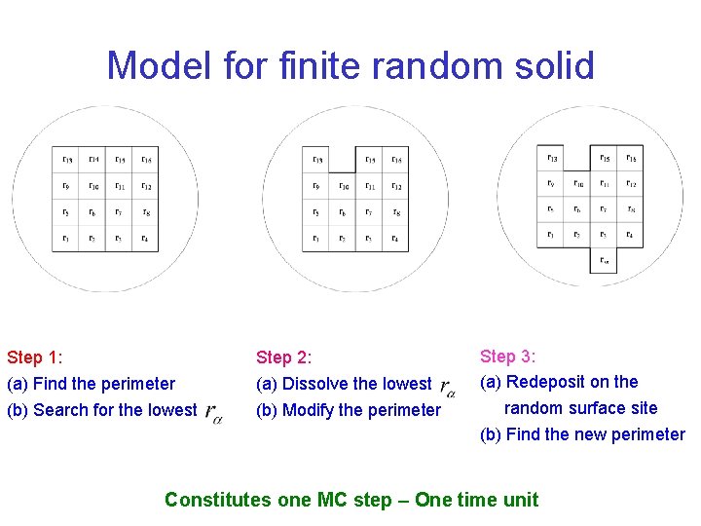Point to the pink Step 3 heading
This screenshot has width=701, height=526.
pos(508,357)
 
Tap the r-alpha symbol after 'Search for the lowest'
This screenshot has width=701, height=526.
pos(213,413)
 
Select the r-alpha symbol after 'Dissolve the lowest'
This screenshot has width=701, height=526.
pos(449,388)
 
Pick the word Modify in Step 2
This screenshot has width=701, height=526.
pos(309,410)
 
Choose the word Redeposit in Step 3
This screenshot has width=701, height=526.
pos(547,382)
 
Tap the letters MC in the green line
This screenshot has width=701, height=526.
pos(332,500)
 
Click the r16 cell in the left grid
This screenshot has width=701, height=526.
pos(144,160)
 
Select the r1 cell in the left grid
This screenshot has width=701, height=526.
pos(65,238)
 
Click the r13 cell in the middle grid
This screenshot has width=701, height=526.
pos(315,160)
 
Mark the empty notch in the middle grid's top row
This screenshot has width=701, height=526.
pos(343,158)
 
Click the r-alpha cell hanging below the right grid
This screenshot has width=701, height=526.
pos(604,259)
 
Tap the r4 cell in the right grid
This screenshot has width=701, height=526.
pos(630,235)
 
